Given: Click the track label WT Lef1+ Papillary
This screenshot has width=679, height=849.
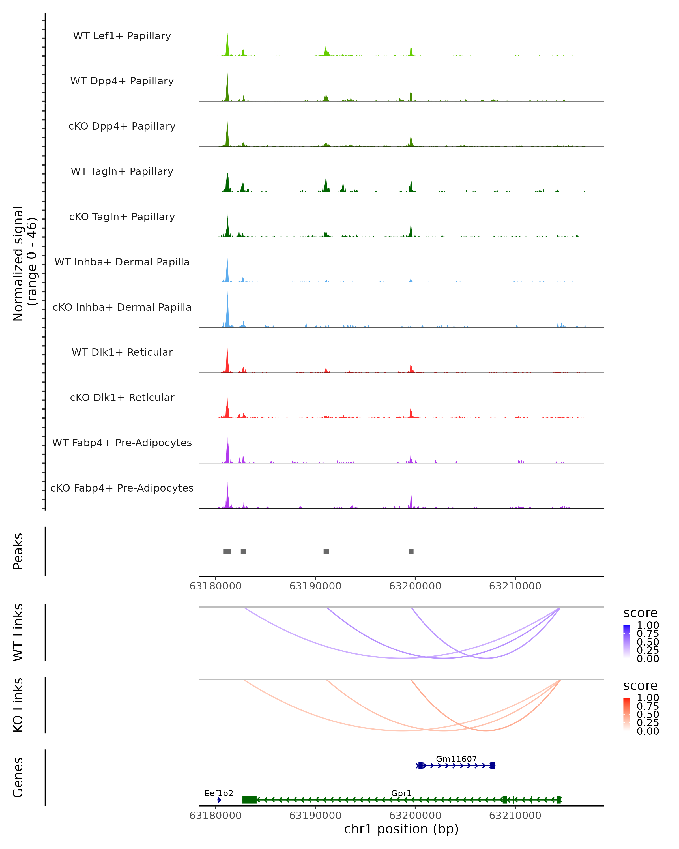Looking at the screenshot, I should (122, 36).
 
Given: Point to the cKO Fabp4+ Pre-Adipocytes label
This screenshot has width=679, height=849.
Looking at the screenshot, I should (122, 488).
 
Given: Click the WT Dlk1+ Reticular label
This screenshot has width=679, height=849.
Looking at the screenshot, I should (122, 352).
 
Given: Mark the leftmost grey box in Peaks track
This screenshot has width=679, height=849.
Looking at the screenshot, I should (227, 551).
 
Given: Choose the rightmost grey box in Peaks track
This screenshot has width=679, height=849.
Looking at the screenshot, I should (411, 551).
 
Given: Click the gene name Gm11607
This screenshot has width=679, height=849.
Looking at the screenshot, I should (456, 759).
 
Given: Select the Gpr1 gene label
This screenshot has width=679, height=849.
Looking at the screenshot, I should (401, 793).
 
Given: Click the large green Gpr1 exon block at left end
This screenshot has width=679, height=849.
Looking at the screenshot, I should (249, 800).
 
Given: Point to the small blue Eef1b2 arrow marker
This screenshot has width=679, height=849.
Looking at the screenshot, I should (219, 800).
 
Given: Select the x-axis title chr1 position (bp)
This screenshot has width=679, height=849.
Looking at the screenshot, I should (401, 829).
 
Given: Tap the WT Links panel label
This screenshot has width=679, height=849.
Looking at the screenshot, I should (18, 633).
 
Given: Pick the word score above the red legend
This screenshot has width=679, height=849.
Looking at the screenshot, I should (641, 686).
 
